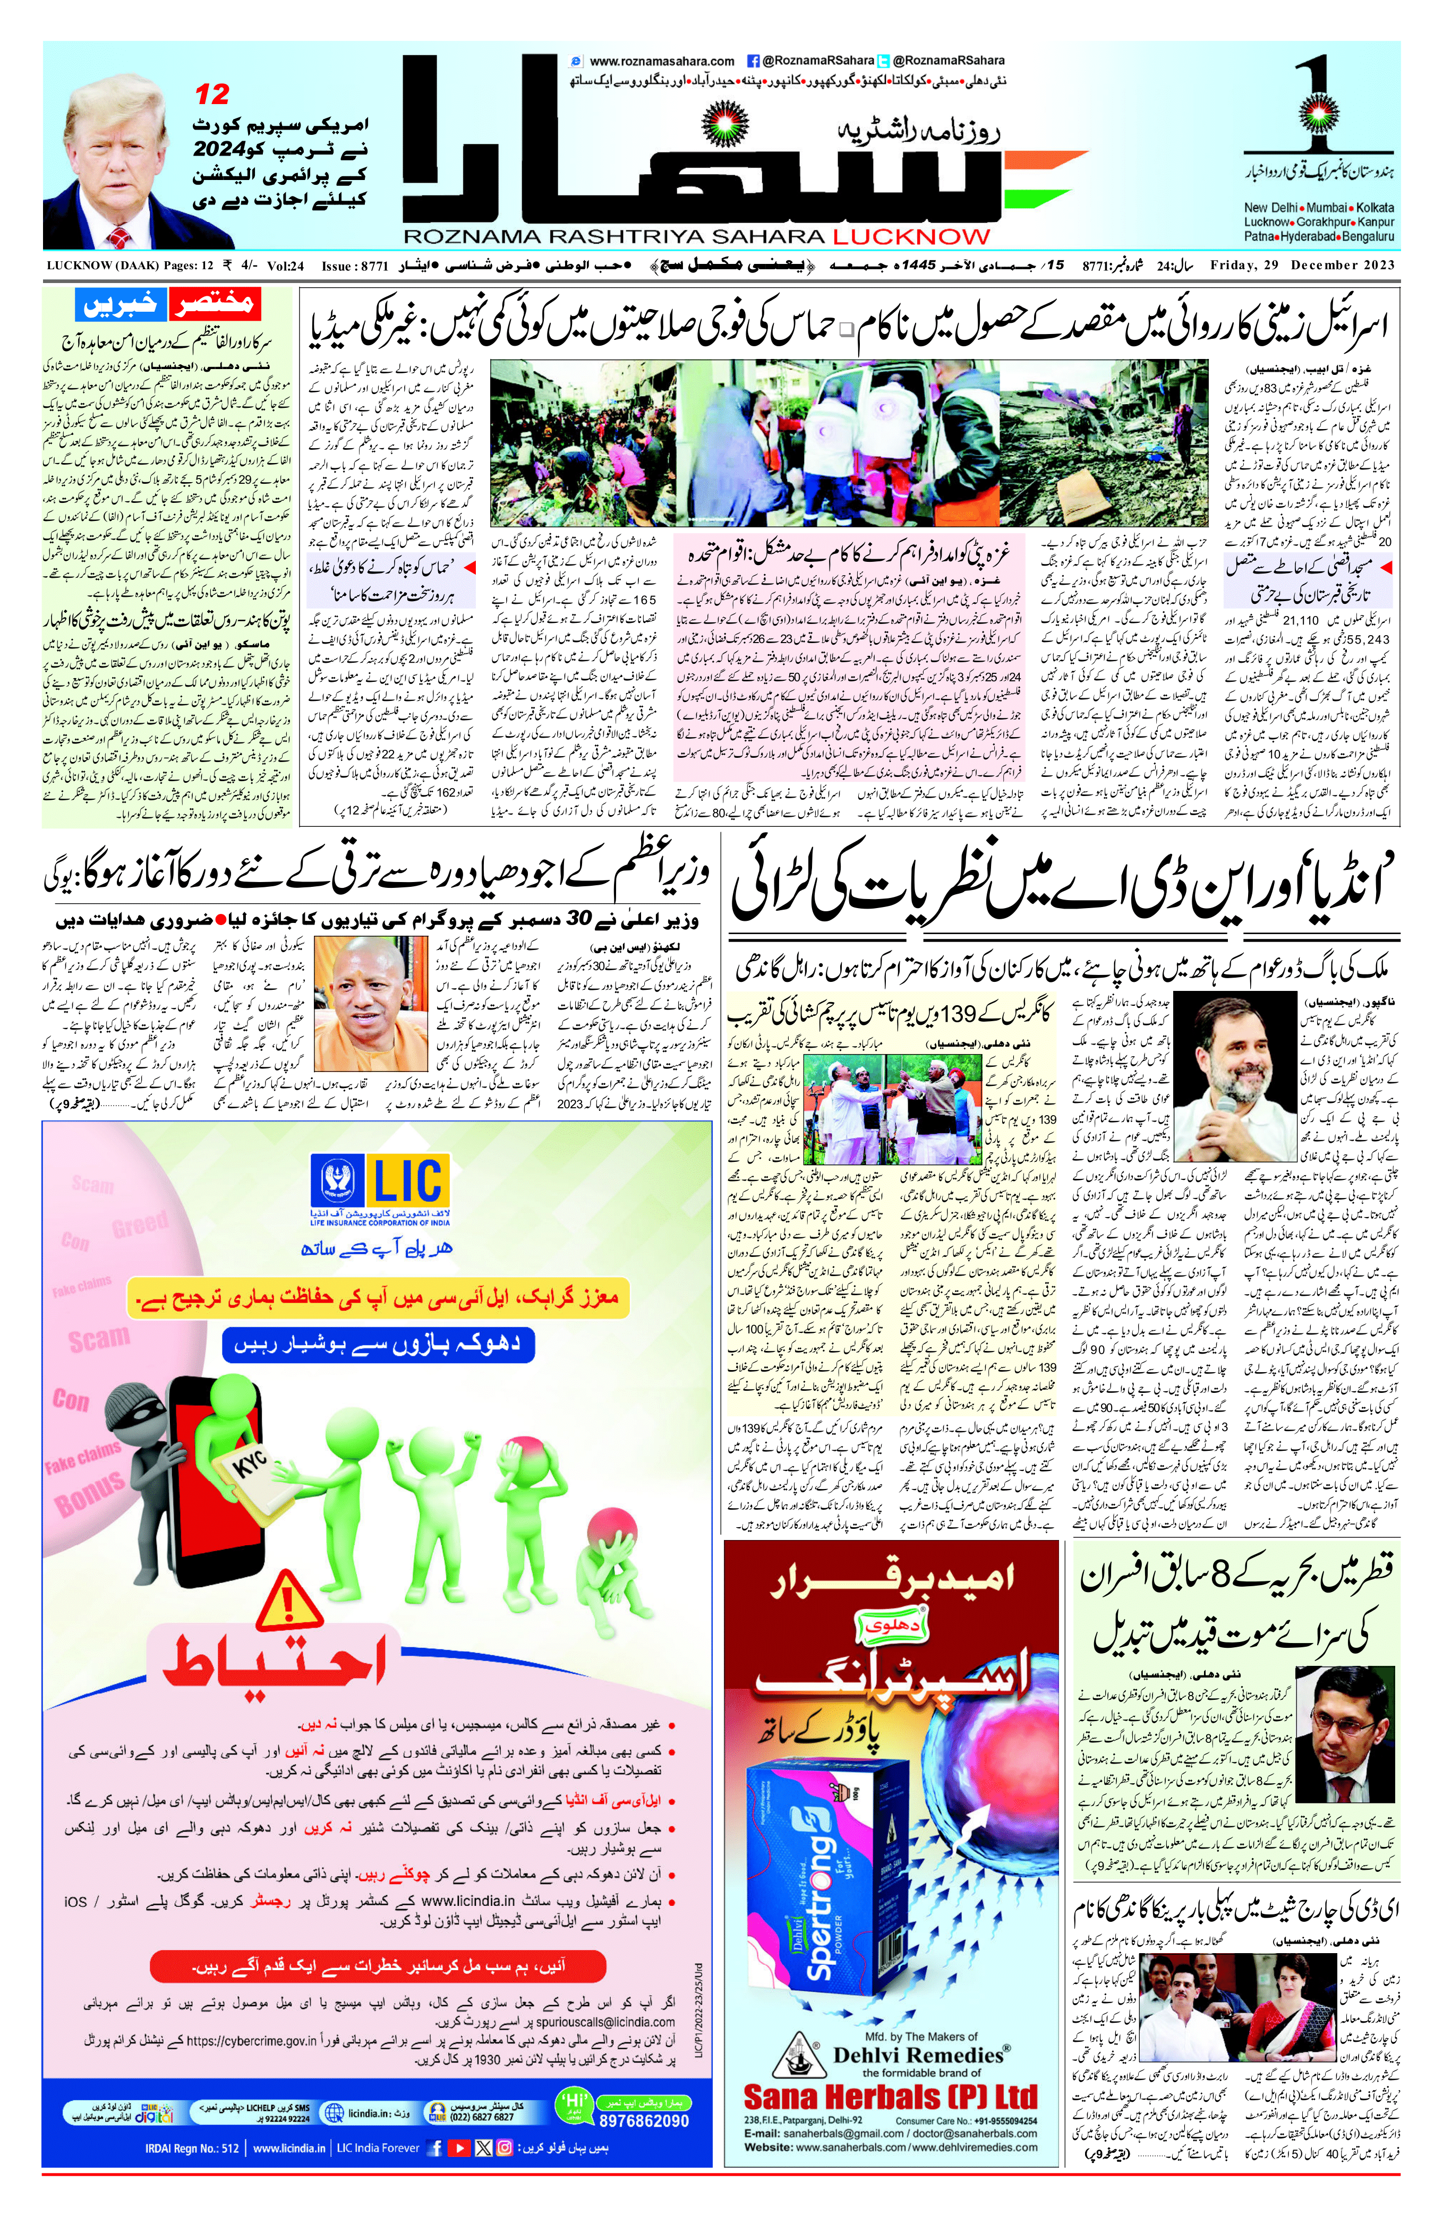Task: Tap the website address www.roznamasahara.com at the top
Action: click(662, 62)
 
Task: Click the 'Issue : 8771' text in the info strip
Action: click(354, 266)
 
